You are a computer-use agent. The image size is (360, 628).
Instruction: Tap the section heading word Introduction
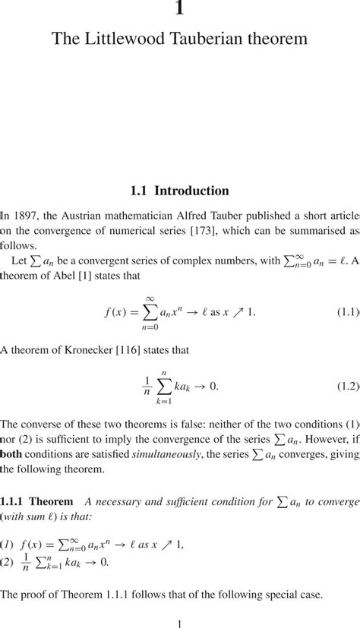(191, 191)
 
